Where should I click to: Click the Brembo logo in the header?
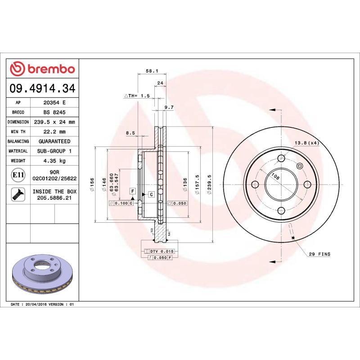click(x=42, y=69)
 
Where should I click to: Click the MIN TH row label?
click(x=18, y=132)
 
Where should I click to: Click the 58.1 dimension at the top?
click(x=151, y=71)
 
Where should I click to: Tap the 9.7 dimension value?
click(x=169, y=107)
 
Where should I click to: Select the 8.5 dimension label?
click(x=130, y=132)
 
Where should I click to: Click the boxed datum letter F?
click(x=133, y=191)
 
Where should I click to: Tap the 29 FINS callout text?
click(x=319, y=254)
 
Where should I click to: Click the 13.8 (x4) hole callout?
click(x=307, y=143)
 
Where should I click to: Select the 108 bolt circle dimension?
click(x=276, y=177)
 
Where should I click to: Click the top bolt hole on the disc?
click(x=281, y=158)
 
